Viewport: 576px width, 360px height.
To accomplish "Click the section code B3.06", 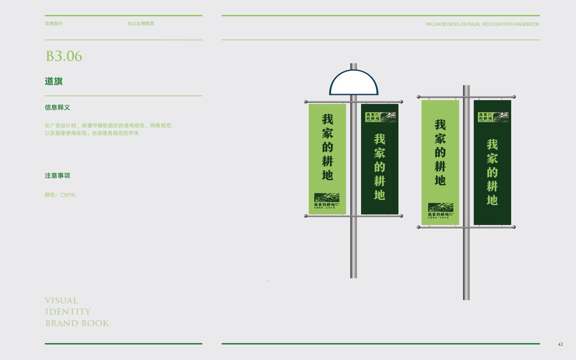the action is point(64,56).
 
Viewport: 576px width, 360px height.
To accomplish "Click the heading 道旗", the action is point(53,81).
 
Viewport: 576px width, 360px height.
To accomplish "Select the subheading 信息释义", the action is point(58,107).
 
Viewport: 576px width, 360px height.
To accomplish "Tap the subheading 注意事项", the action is point(58,176).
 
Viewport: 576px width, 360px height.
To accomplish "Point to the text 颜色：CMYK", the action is point(60,195).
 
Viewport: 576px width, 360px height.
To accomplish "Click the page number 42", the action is point(560,344).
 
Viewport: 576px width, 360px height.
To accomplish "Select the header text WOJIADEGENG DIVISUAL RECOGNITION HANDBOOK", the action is point(482,24).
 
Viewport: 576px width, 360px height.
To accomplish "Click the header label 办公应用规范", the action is point(140,23).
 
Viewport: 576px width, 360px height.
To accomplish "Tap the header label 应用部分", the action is point(53,23).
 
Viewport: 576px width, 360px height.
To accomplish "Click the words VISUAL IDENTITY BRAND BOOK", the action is point(76,311).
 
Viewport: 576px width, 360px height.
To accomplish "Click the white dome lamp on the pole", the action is point(353,83).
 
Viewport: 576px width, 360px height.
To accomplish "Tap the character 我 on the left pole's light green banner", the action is point(328,119).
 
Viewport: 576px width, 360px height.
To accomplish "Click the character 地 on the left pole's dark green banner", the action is point(379,194).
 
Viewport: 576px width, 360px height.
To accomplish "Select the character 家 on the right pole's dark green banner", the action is point(492,158).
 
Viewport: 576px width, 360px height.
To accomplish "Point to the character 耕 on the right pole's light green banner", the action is point(440,166).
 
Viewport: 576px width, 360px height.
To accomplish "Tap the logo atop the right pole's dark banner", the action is point(492,117).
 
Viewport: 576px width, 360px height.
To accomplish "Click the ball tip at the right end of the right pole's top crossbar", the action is point(514,96).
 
